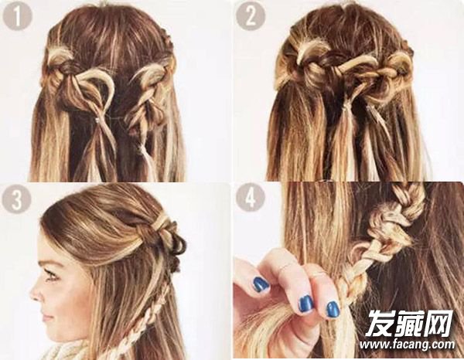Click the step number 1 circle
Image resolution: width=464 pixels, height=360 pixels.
pyautogui.click(x=17, y=16)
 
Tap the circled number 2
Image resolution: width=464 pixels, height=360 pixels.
pyautogui.click(x=251, y=16)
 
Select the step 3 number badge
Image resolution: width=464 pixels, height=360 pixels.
pyautogui.click(x=16, y=199)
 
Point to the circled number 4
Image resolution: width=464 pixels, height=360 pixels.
pyautogui.click(x=251, y=197)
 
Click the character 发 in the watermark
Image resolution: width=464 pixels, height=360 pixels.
pyautogui.click(x=380, y=323)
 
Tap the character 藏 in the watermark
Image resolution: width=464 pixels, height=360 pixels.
pyautogui.click(x=411, y=323)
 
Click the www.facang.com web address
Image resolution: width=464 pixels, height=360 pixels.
pyautogui.click(x=408, y=345)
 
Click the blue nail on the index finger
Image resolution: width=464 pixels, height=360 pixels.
pyautogui.click(x=261, y=284)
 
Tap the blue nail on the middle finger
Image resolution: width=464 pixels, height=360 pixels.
pyautogui.click(x=306, y=304)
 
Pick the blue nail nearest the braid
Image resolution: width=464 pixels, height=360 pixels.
pyautogui.click(x=333, y=310)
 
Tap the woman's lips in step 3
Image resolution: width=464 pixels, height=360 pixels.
pyautogui.click(x=46, y=318)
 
